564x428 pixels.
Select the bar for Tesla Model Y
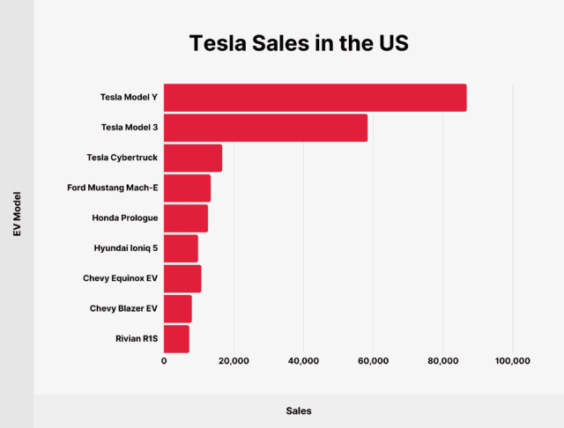point(315,98)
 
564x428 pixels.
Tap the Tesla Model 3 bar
point(265,128)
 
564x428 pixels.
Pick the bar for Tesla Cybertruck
point(192,158)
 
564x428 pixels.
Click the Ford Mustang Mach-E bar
point(187,188)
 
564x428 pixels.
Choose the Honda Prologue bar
point(186,218)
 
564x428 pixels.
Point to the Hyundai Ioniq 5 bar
point(181,248)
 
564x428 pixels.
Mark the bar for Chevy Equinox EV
point(182,278)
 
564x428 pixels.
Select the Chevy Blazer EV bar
point(177,308)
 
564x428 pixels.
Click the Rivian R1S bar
point(176,338)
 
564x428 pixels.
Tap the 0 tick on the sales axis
point(164,361)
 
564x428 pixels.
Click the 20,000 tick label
point(234,361)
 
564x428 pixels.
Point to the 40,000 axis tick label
point(303,361)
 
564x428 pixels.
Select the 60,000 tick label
point(373,361)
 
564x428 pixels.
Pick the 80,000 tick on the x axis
point(442,361)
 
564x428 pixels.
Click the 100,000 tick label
point(512,361)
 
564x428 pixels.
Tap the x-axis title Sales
point(298,411)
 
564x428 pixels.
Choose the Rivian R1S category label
point(134,338)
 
